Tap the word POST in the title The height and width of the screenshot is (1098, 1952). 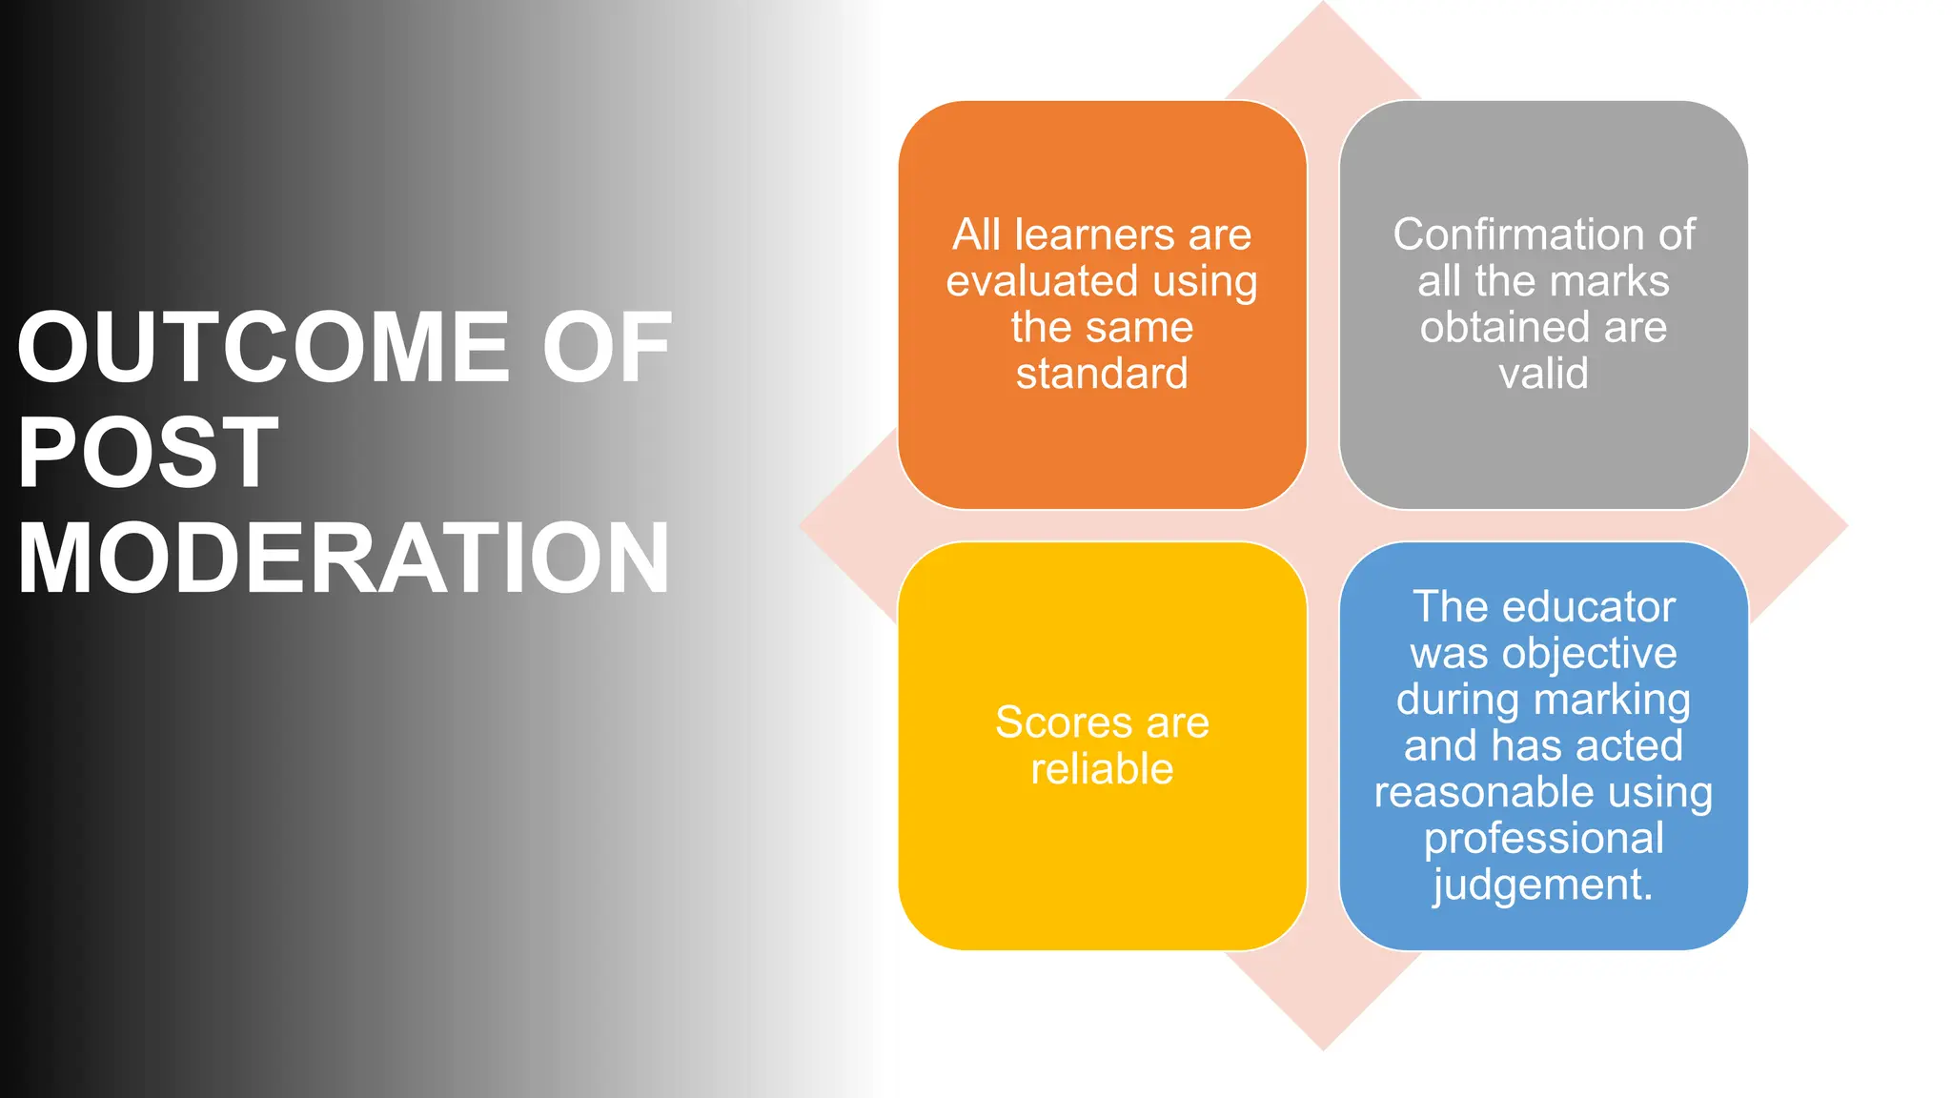[x=148, y=453]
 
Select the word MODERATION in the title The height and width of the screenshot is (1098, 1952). [x=343, y=559]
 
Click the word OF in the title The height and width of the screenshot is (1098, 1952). [x=607, y=348]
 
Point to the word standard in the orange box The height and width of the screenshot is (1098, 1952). [x=1102, y=373]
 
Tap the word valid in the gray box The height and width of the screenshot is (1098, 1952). [x=1543, y=373]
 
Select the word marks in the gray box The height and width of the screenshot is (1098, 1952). [x=1609, y=281]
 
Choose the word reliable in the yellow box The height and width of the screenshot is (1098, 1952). [x=1102, y=768]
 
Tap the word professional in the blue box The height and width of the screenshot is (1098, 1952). [x=1543, y=838]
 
